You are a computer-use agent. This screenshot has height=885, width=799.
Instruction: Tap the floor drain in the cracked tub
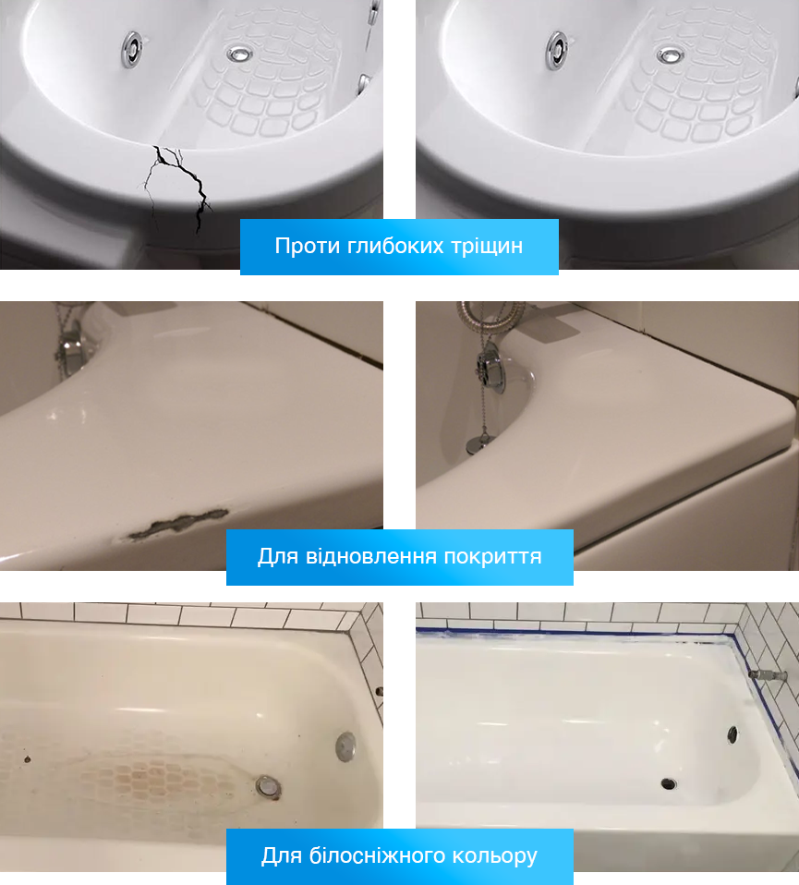coord(240,54)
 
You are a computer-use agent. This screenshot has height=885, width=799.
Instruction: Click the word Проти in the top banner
coord(308,246)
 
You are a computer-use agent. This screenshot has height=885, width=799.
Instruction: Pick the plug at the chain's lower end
coord(474,445)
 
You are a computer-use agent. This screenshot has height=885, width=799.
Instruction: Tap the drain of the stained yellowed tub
coord(269,786)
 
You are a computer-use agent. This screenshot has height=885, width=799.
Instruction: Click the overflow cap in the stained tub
coord(346,746)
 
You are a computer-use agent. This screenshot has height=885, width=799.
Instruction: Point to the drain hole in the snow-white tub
coord(669,783)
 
